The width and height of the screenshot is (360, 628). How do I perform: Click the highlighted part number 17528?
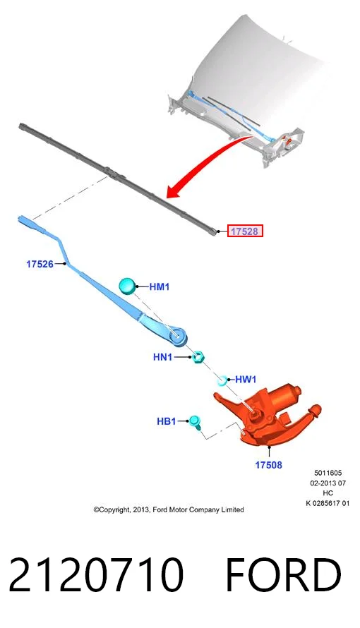pyautogui.click(x=245, y=231)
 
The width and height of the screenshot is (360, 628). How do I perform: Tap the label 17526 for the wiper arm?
pyautogui.click(x=40, y=264)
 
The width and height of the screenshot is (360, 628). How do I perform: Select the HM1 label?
pyautogui.click(x=160, y=286)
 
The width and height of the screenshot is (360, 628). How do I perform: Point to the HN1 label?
pyautogui.click(x=162, y=357)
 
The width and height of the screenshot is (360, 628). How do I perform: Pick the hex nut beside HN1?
pyautogui.click(x=198, y=356)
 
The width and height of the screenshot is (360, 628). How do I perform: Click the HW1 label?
pyautogui.click(x=246, y=379)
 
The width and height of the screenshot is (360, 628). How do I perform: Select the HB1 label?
pyautogui.click(x=166, y=421)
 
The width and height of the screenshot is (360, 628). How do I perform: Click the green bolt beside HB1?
pyautogui.click(x=196, y=423)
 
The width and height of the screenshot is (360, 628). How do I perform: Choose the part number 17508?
pyautogui.click(x=269, y=465)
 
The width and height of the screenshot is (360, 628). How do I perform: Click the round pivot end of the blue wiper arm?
pyautogui.click(x=177, y=337)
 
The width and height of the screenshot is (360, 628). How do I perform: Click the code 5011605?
pyautogui.click(x=328, y=473)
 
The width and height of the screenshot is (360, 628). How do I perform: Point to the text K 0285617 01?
pyautogui.click(x=328, y=503)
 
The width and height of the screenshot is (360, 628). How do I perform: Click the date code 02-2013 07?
pyautogui.click(x=328, y=483)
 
